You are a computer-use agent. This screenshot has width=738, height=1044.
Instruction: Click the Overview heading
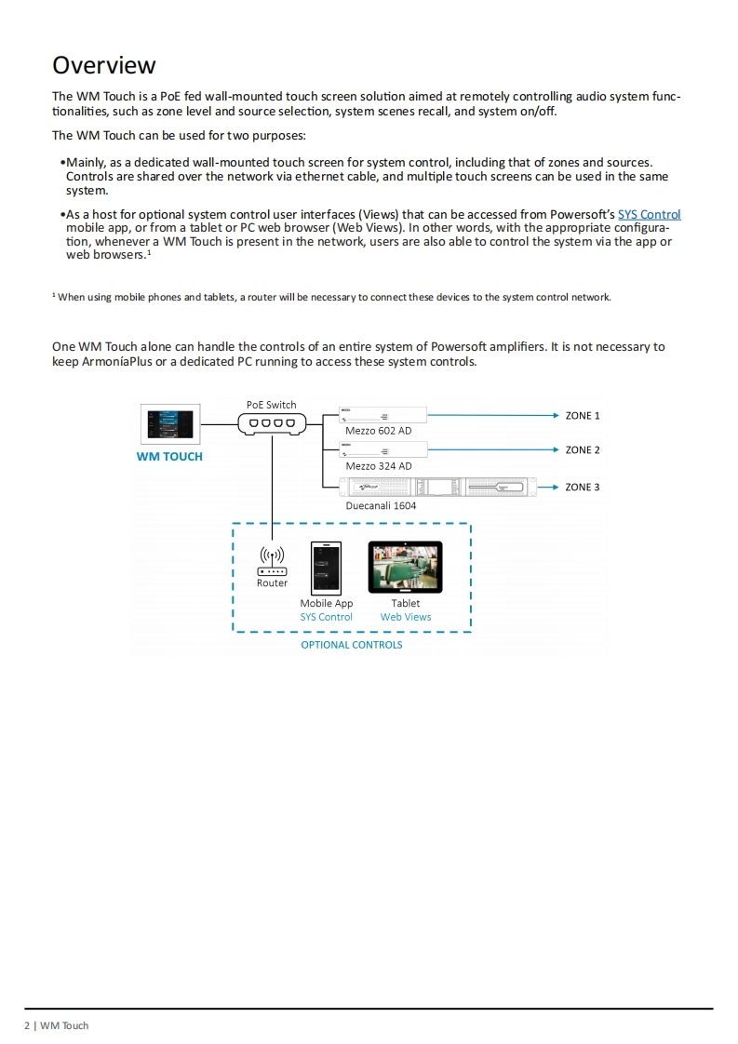(104, 65)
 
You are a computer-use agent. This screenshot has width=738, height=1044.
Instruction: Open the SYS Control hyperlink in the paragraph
(649, 214)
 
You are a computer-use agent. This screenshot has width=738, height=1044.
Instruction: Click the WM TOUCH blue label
(169, 457)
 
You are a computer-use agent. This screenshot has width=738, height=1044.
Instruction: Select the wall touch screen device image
(168, 424)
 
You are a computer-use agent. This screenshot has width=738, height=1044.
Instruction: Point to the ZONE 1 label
(583, 416)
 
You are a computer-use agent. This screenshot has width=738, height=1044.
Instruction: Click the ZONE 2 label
(583, 450)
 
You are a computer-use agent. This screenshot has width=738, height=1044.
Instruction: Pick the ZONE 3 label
(583, 487)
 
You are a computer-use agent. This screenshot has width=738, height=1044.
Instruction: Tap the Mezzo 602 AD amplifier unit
(382, 415)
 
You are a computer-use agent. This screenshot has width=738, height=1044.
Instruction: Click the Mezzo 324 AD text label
(378, 466)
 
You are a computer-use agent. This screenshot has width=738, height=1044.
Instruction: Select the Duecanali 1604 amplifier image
(437, 487)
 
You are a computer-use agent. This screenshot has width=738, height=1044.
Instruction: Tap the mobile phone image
(326, 568)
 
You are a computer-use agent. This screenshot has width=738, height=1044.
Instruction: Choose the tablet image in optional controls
(406, 568)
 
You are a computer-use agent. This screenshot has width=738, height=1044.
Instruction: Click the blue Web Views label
(406, 617)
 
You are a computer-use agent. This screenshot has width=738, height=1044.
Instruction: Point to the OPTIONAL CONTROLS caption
(352, 645)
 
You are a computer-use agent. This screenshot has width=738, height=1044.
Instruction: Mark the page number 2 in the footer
(27, 1025)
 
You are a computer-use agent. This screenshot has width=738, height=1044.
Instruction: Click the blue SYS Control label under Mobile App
(326, 617)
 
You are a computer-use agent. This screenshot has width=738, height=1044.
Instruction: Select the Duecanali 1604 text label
(381, 506)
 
